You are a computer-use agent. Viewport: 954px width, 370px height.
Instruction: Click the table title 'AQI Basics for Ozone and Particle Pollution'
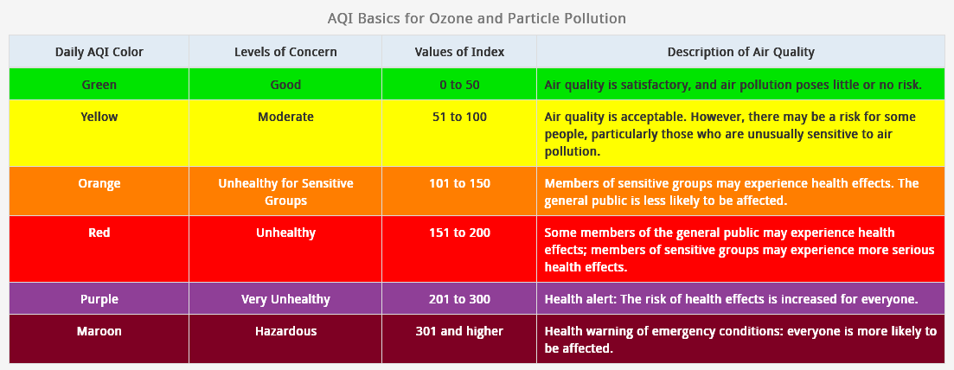click(x=477, y=18)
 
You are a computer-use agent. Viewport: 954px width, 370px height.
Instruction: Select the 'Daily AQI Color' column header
click(x=99, y=52)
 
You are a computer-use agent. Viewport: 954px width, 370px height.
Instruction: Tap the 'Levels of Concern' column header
click(x=285, y=52)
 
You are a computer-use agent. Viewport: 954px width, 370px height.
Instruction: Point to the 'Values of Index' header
click(x=459, y=52)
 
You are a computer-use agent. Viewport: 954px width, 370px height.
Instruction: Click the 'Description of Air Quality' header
click(x=740, y=52)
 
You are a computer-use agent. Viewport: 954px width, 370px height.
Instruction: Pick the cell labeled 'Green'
click(x=99, y=85)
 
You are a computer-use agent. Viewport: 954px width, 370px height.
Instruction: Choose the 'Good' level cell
click(x=285, y=85)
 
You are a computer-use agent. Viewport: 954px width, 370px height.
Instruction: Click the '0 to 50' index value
click(x=459, y=85)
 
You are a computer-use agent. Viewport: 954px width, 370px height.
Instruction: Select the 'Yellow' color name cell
click(x=99, y=116)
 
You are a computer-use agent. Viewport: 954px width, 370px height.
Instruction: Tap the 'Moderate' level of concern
click(x=285, y=116)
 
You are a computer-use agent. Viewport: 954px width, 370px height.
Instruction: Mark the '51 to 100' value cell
click(x=459, y=116)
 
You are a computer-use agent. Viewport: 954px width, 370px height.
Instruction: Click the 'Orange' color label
click(x=99, y=183)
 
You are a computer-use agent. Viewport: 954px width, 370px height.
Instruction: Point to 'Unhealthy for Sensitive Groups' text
click(x=285, y=192)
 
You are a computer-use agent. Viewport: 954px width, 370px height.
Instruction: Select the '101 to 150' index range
click(x=459, y=183)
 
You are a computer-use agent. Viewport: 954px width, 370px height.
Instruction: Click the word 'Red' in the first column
click(x=99, y=232)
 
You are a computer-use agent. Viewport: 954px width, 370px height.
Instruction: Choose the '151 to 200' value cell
click(x=459, y=232)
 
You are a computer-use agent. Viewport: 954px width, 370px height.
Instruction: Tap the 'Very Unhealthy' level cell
click(x=285, y=299)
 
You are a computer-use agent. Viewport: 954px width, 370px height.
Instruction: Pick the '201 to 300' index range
click(x=459, y=299)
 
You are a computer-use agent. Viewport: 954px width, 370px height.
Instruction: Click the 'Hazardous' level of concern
click(x=285, y=331)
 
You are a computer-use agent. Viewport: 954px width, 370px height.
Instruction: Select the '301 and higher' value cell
click(x=459, y=331)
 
